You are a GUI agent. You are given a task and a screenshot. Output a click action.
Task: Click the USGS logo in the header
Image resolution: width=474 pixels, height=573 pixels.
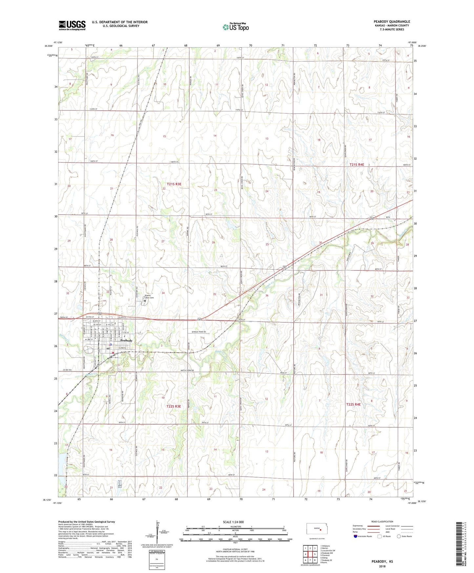(x=72, y=25)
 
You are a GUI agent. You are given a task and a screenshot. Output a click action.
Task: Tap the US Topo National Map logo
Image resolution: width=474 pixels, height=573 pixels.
(x=235, y=27)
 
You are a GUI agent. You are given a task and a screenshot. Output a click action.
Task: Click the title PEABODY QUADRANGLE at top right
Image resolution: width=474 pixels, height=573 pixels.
(x=392, y=22)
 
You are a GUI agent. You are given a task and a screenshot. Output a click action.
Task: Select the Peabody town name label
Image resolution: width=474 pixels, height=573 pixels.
(x=126, y=341)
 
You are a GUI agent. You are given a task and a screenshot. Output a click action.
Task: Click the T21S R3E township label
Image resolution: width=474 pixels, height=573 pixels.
(x=174, y=184)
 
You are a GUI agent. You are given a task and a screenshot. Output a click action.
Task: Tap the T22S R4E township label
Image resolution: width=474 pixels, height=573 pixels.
(x=353, y=404)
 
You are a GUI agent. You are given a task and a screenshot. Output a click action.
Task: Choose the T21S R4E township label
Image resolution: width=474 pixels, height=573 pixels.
(x=357, y=164)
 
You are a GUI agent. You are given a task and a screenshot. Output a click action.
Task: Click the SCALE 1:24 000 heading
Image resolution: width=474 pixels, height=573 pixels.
(x=233, y=522)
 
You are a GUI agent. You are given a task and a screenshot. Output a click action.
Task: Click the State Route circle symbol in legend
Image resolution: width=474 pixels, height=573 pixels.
(x=399, y=536)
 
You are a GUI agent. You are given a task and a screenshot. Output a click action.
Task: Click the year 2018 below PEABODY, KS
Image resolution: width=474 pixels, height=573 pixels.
(x=382, y=566)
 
